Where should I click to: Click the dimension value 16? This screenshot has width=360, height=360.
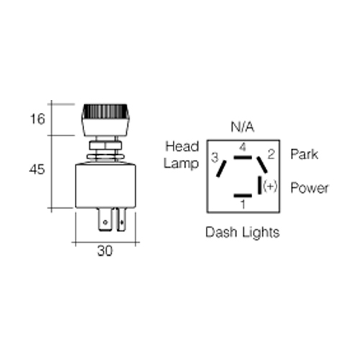coord(37,119)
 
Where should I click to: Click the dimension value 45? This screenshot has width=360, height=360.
coord(37,169)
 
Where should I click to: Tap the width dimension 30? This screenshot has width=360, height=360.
coord(105,251)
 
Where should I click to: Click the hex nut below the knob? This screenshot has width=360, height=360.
coord(105,145)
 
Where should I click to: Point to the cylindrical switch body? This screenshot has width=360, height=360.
coord(105,185)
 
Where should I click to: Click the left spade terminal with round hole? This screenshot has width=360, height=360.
coord(105,220)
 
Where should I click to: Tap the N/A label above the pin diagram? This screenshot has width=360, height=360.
coord(242,127)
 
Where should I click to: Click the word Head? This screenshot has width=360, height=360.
coord(182,146)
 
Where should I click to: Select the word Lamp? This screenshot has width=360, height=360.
coord(181,164)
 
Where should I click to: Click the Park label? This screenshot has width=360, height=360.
coord(304,154)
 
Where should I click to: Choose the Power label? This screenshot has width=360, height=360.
coord(310,188)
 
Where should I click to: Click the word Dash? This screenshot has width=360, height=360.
coord(221,232)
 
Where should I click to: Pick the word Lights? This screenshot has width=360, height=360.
coord(261,233)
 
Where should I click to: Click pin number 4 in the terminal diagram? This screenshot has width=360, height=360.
coord(243,147)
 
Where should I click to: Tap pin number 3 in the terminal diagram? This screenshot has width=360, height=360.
coord(215,158)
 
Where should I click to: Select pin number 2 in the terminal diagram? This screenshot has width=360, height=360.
coord(271,154)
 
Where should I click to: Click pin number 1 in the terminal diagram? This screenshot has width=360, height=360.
coord(243,204)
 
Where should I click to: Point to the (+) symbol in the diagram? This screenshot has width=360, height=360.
coord(270,186)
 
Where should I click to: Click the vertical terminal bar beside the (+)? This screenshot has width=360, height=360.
coord(259,185)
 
